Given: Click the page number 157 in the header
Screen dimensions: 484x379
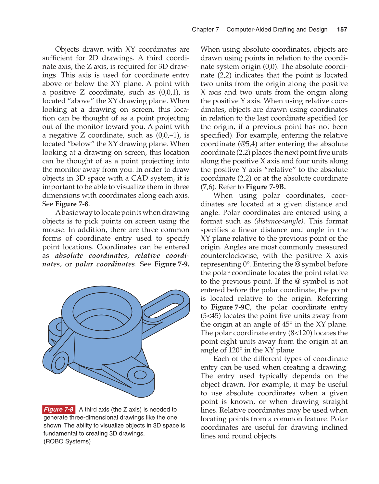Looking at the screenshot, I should (342, 30).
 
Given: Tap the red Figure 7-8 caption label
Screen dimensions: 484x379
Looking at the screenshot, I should (58, 409).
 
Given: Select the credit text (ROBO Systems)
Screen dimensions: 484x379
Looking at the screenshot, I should (67, 441).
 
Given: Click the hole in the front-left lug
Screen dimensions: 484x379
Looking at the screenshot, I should (60, 363).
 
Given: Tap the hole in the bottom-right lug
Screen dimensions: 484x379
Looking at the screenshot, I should (140, 375).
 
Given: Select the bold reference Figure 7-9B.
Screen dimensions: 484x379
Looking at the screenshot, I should (266, 187).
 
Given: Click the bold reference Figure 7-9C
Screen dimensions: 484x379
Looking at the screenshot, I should (231, 307).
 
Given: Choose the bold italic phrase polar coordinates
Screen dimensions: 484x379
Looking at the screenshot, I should (105, 264).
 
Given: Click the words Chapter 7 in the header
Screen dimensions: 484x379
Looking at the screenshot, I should (205, 30).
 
